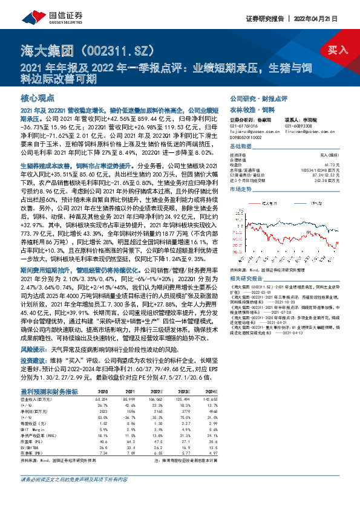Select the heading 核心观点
click(x=38, y=97)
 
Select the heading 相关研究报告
click(x=248, y=262)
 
